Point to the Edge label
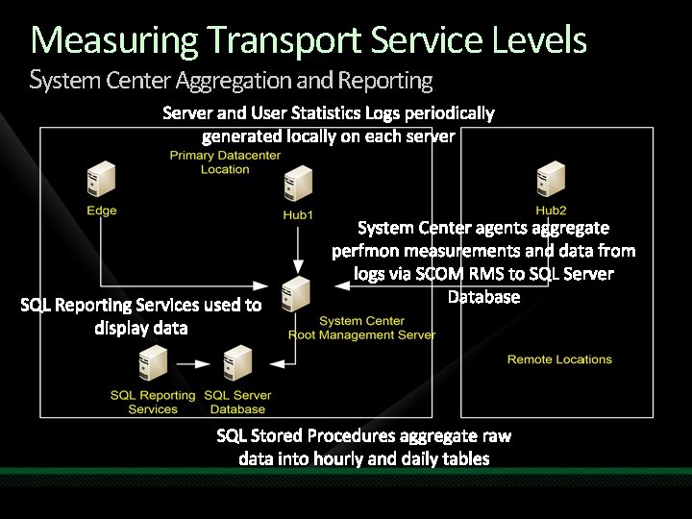coord(101,210)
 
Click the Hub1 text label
coord(298,214)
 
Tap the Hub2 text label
coord(552,210)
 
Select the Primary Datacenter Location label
coord(225,161)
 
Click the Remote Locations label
coord(559,359)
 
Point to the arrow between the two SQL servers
coord(196,363)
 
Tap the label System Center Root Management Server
coord(361,328)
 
